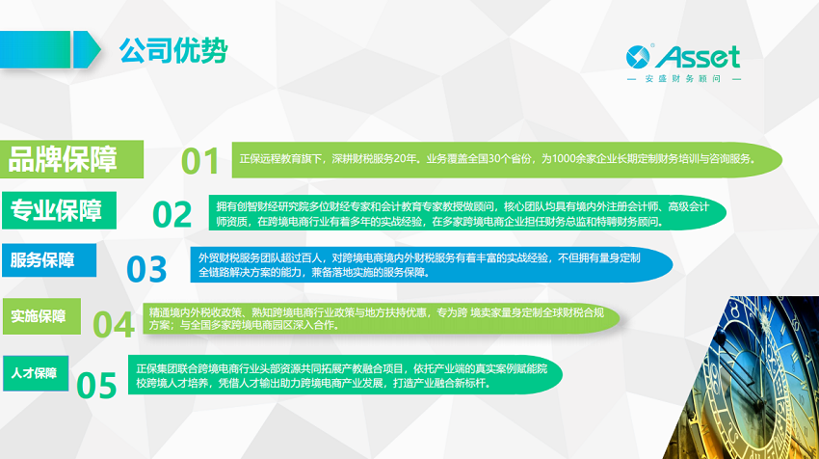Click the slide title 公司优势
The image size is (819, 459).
tap(173, 51)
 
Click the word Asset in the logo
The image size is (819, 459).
tap(698, 57)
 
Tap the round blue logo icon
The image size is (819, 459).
tap(638, 57)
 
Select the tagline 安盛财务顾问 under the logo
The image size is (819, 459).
tap(683, 79)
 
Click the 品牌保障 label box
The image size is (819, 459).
tap(71, 159)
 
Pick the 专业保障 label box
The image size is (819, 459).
tap(59, 210)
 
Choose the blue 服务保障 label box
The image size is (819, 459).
tap(49, 259)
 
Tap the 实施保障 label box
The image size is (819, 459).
tap(41, 316)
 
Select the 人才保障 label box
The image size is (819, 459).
tap(36, 373)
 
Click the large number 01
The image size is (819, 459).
tap(200, 161)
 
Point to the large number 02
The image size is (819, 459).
tap(172, 214)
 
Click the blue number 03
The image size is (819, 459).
tap(146, 269)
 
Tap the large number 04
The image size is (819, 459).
tap(114, 324)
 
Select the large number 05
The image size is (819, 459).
tap(96, 386)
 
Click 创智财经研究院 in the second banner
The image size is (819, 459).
tap(269, 207)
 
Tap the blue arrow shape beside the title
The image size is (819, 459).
tap(87, 50)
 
